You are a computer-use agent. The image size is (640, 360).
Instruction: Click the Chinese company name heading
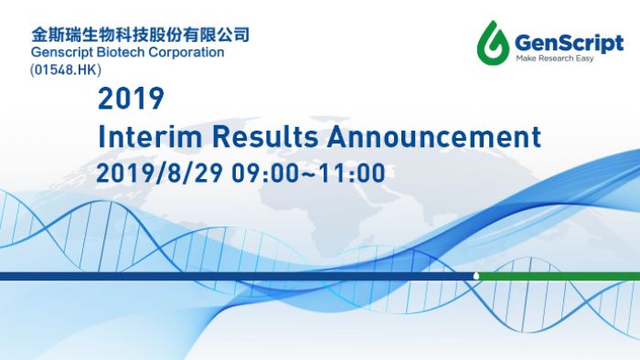pyautogui.click(x=140, y=35)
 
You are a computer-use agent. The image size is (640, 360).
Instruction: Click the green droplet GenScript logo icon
pyautogui.click(x=495, y=41)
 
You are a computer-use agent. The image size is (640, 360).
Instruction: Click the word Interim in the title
pyautogui.click(x=151, y=137)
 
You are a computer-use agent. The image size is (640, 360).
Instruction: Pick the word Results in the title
pyautogui.click(x=266, y=137)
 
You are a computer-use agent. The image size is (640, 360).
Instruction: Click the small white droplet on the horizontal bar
pyautogui.click(x=475, y=275)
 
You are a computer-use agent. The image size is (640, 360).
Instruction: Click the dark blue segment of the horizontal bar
pyautogui.click(x=229, y=276)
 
